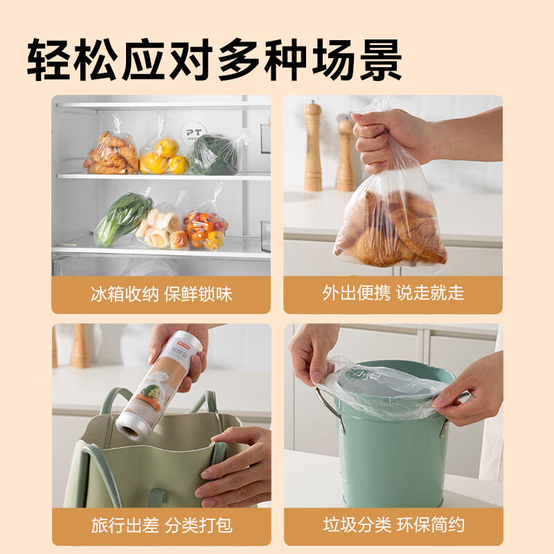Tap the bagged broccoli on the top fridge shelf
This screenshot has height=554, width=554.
pos(215,154)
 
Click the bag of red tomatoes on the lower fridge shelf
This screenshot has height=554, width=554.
pos(206,229)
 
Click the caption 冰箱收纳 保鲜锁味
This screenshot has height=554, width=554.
pos(161,294)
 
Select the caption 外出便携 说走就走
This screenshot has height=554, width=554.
pos(393,294)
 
